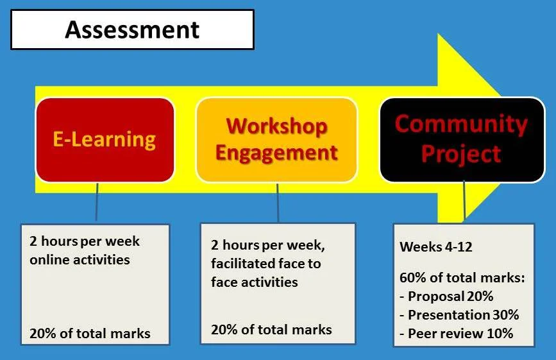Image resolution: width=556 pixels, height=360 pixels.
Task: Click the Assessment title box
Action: (x=133, y=30)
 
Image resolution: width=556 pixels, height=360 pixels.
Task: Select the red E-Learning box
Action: (x=105, y=140)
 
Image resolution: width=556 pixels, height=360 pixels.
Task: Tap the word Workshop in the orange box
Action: (x=276, y=126)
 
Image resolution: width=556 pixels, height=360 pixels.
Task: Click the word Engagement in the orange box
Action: (x=276, y=153)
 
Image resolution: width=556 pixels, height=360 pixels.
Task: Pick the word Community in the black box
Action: (x=461, y=124)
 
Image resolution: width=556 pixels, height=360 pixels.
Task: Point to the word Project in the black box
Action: (x=461, y=154)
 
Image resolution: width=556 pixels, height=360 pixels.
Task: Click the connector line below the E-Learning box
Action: (x=97, y=202)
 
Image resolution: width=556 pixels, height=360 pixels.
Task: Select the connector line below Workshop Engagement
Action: (x=278, y=203)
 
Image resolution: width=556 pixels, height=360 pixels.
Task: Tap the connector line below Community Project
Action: (x=464, y=201)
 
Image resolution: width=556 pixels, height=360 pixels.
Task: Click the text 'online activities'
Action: (x=80, y=260)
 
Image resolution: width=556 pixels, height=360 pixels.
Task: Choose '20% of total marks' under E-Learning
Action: (x=90, y=334)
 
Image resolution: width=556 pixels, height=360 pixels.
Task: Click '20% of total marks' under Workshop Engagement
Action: (x=271, y=329)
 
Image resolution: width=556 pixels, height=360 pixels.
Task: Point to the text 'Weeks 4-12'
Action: (x=436, y=247)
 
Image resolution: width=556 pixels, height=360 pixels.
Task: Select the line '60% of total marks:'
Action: (x=462, y=278)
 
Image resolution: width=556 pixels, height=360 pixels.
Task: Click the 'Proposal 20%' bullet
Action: (x=446, y=296)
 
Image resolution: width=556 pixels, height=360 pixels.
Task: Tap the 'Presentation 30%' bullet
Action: (x=459, y=315)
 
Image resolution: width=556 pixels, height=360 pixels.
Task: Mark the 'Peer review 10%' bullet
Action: (x=457, y=334)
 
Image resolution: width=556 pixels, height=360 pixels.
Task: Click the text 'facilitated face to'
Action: (x=266, y=264)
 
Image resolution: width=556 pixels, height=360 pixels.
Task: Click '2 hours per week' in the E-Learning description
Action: (x=85, y=241)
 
